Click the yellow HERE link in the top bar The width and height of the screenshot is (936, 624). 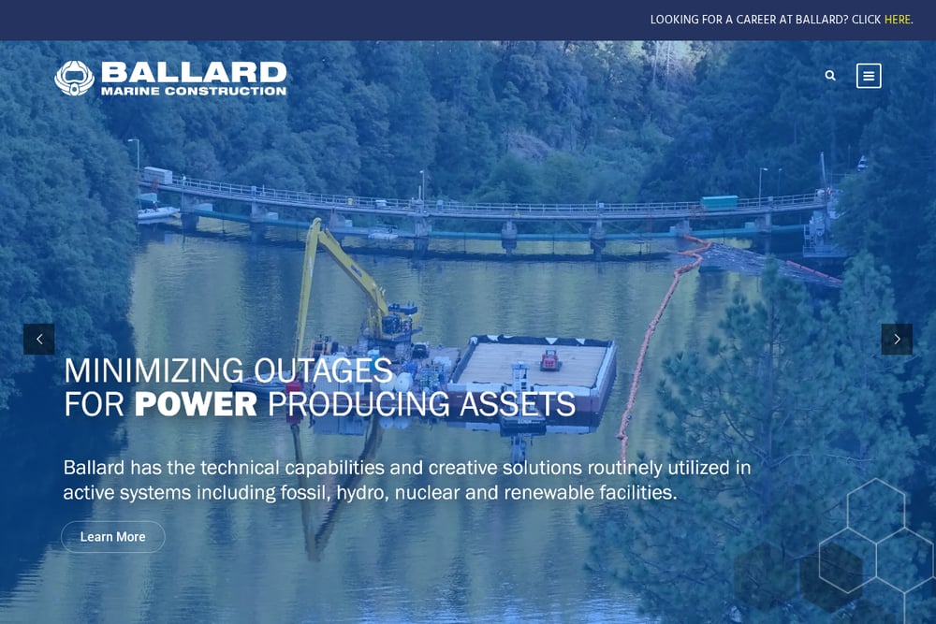coord(898,20)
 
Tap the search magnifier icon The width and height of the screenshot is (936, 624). coord(830,76)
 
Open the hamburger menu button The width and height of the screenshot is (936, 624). coord(869,76)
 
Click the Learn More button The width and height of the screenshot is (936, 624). coord(113,537)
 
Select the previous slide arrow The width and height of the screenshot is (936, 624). coord(38,339)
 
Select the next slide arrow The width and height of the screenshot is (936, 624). coord(897,339)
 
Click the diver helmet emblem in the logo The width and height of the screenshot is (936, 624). coord(74,79)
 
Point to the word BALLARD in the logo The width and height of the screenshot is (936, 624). coord(194,73)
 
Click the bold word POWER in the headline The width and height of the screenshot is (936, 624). coord(196,404)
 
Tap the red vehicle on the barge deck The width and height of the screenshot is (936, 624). coord(549,360)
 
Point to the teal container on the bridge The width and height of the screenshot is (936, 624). coord(719,202)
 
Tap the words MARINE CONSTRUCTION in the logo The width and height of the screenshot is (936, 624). coord(194,91)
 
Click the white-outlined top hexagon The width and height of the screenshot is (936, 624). coord(876,511)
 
